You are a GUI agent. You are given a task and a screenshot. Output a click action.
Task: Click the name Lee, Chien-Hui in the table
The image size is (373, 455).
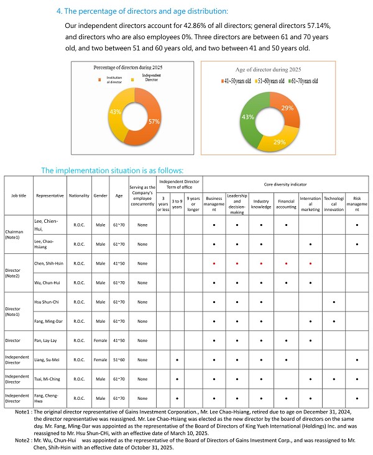[x=47, y=224]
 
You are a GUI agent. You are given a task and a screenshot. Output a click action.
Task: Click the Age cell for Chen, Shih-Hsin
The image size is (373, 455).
[x=118, y=263]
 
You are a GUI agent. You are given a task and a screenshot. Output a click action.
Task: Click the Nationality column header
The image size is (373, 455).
[x=79, y=194]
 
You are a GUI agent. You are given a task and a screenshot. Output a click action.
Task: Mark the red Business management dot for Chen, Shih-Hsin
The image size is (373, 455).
[x=213, y=263]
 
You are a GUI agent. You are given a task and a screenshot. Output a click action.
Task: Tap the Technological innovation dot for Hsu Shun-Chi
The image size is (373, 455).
[x=334, y=302]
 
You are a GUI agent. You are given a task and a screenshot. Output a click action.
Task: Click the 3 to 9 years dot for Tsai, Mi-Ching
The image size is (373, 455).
[x=178, y=378]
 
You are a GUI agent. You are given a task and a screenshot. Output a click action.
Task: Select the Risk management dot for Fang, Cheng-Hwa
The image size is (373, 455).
[x=356, y=397]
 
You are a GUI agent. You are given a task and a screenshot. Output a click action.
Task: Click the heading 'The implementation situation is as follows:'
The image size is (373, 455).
[x=112, y=170]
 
